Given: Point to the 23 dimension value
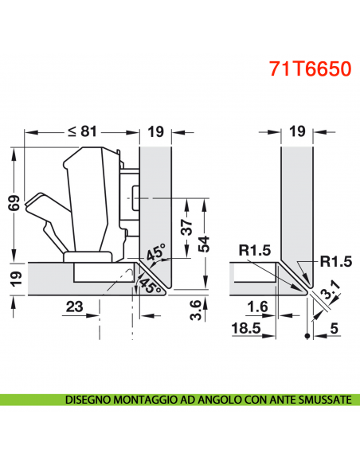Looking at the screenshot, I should [74, 306].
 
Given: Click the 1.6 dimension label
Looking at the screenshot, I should [256, 306].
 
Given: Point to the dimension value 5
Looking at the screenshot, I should [335, 326].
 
